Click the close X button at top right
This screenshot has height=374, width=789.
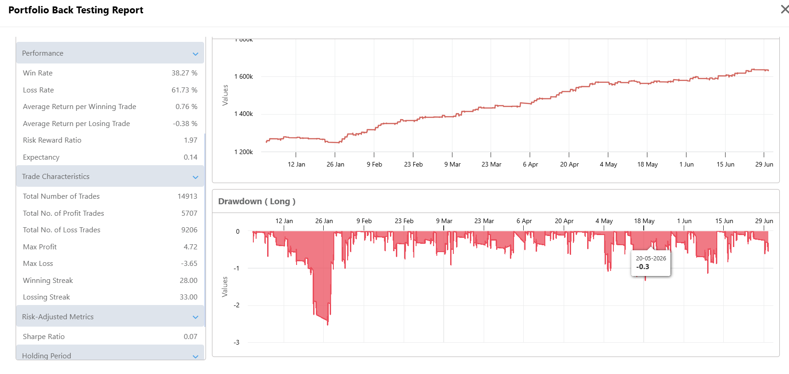[784, 9]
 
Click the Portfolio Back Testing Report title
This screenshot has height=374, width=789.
[76, 10]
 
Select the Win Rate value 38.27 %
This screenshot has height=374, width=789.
[184, 73]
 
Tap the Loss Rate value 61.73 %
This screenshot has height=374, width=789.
[184, 90]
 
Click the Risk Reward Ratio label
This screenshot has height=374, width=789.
[52, 140]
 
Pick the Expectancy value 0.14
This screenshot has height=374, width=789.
[190, 157]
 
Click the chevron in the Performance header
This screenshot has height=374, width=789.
[195, 54]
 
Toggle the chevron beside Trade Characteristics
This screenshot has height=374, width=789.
[195, 177]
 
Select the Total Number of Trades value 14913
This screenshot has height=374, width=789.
[187, 196]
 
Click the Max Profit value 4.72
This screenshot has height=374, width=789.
[190, 247]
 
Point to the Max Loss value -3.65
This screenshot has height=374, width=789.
[189, 264]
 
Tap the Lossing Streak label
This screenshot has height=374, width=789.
[46, 297]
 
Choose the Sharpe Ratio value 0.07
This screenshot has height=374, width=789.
[190, 337]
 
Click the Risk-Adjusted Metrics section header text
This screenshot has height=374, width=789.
[58, 317]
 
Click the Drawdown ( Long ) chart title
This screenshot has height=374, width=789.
[257, 201]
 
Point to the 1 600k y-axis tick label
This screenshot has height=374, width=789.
[244, 77]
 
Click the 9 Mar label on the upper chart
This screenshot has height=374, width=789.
[452, 164]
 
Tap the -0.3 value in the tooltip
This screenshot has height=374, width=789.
[643, 267]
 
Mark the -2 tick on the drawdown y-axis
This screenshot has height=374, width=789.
[236, 305]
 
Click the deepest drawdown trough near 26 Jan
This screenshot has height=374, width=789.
[328, 324]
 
